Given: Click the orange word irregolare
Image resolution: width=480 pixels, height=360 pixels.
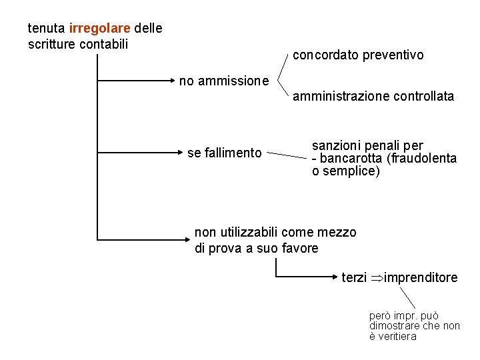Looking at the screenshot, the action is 99,29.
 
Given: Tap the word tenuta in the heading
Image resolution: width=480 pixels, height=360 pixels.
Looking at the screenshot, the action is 46,29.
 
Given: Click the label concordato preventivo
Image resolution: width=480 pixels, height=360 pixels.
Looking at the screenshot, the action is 358,55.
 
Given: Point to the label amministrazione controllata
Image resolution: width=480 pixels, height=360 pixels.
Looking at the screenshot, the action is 373,97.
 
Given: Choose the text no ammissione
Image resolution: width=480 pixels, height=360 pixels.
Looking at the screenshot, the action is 224,81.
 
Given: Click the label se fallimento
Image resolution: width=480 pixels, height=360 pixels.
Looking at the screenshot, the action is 225,153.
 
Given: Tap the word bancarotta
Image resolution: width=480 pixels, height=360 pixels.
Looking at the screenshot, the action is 351,159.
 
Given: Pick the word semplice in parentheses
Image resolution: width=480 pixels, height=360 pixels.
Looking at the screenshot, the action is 352,171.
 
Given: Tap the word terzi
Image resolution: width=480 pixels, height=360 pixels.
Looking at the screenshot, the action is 354,277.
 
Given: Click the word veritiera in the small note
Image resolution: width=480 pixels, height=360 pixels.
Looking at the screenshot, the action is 393,337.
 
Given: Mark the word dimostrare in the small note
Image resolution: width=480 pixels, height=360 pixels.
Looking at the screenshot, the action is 395,326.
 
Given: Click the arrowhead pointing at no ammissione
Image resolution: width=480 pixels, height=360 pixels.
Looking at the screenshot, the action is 173,81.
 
